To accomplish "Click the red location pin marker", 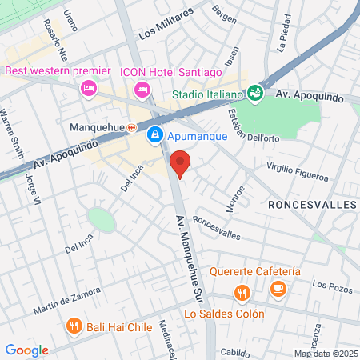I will point(181,162).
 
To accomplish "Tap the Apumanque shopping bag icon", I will point(155,136).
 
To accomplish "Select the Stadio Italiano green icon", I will point(255,94).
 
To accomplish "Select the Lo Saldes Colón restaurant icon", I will point(240,294).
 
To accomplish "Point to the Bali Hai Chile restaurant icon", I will point(74,326).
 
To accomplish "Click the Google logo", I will point(26,350).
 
